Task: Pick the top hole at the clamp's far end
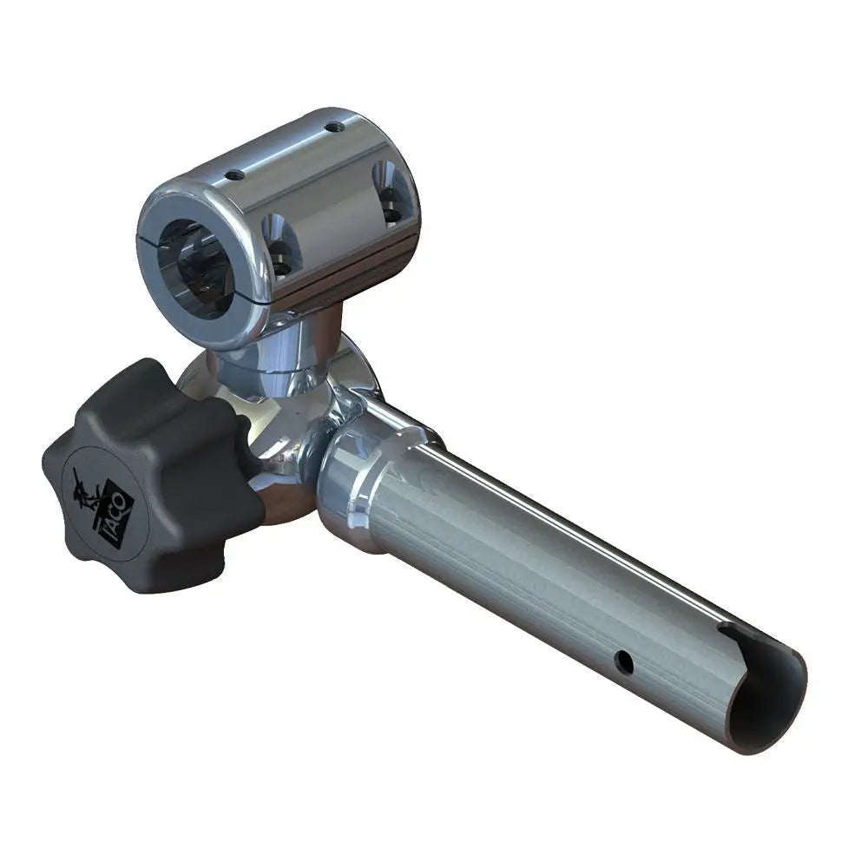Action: tap(333, 127)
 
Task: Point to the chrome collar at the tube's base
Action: tap(356, 486)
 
